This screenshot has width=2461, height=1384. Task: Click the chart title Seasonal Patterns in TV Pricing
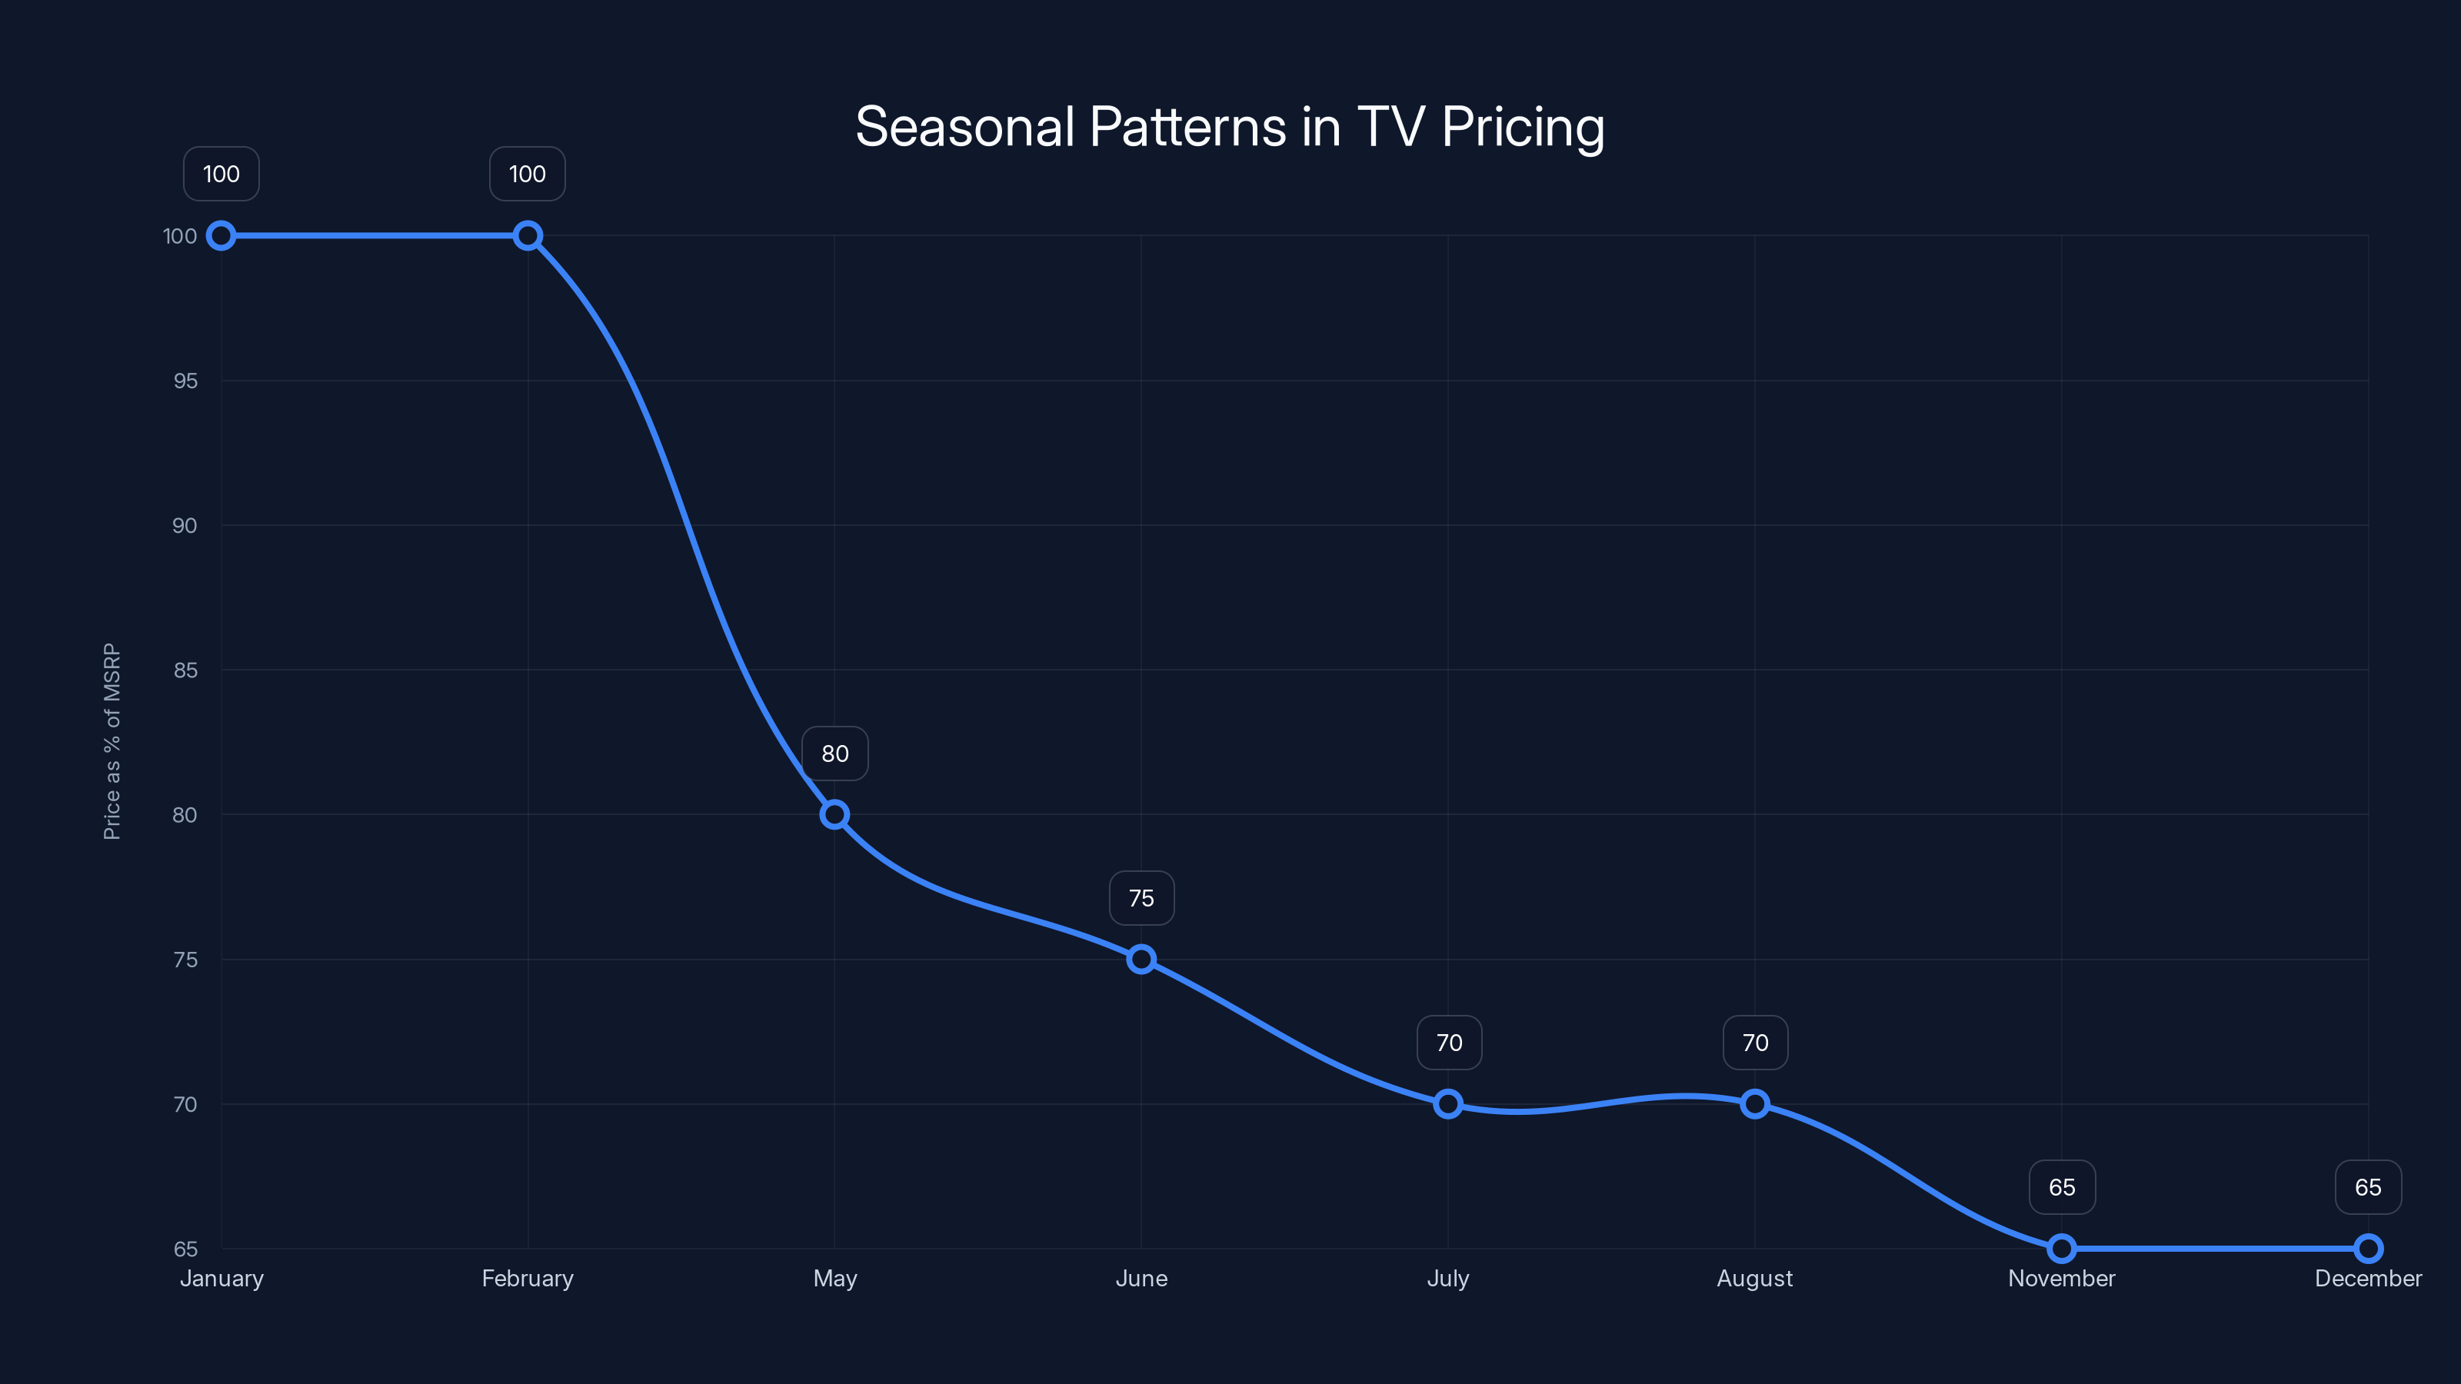click(1230, 127)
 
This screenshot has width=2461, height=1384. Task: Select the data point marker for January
click(221, 236)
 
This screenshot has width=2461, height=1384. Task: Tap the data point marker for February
click(528, 236)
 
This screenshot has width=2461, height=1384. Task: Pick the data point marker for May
click(834, 815)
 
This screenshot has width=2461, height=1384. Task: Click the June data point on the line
click(1141, 959)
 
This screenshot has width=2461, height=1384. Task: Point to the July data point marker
click(1447, 1104)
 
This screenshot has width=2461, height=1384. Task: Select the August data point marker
click(1754, 1104)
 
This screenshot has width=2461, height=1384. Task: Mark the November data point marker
click(2062, 1249)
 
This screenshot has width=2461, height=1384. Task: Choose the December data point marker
click(2367, 1249)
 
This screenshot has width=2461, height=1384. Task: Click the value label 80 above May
click(834, 754)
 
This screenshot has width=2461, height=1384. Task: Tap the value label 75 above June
click(1141, 898)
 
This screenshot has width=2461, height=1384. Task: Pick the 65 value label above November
click(2062, 1187)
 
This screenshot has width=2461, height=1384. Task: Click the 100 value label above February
click(528, 174)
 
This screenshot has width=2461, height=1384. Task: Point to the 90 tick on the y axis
click(185, 525)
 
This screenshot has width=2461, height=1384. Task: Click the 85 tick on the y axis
click(185, 670)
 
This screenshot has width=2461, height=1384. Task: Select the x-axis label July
click(1447, 1278)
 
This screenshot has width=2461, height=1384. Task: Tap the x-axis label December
click(2367, 1278)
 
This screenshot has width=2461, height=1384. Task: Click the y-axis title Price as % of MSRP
click(112, 741)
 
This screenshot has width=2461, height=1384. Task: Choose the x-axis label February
click(528, 1278)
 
